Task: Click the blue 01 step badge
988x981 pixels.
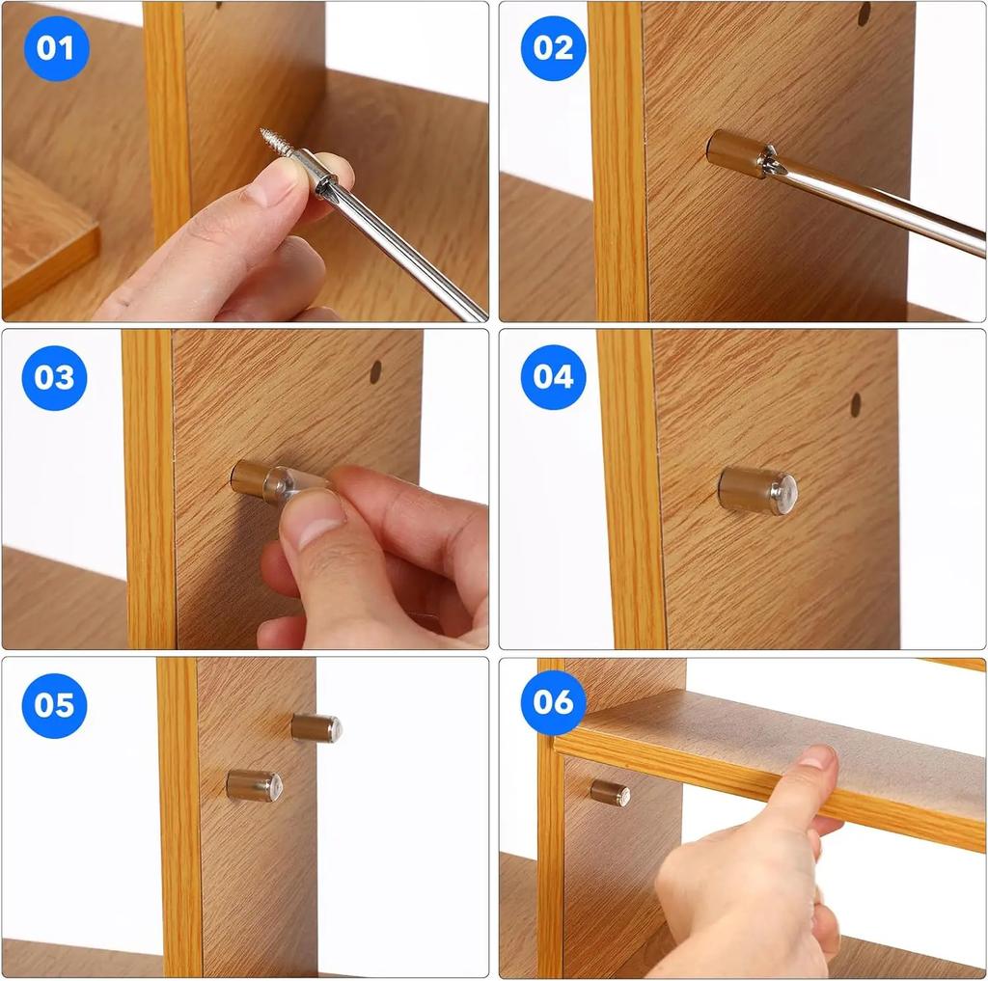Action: pyautogui.click(x=56, y=48)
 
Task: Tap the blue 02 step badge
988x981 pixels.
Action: pyautogui.click(x=553, y=48)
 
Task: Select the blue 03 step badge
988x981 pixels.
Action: pyautogui.click(x=54, y=377)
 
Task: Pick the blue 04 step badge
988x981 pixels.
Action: pyautogui.click(x=553, y=377)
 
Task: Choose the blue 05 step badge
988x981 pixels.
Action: pyautogui.click(x=54, y=705)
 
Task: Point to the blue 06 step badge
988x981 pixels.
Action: pyautogui.click(x=553, y=702)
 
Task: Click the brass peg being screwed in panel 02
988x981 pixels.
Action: pyautogui.click(x=733, y=152)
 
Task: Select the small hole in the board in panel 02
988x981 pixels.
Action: pyautogui.click(x=864, y=14)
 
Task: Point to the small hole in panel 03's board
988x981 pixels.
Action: pyautogui.click(x=375, y=371)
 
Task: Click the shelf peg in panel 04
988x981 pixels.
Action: pyautogui.click(x=756, y=491)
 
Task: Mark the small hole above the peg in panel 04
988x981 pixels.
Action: pyautogui.click(x=856, y=404)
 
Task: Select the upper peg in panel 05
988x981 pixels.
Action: pyautogui.click(x=316, y=727)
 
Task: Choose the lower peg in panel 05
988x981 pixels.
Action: pyautogui.click(x=255, y=785)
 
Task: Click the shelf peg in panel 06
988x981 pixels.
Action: pyautogui.click(x=610, y=793)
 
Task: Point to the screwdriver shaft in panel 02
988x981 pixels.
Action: pyautogui.click(x=878, y=204)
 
